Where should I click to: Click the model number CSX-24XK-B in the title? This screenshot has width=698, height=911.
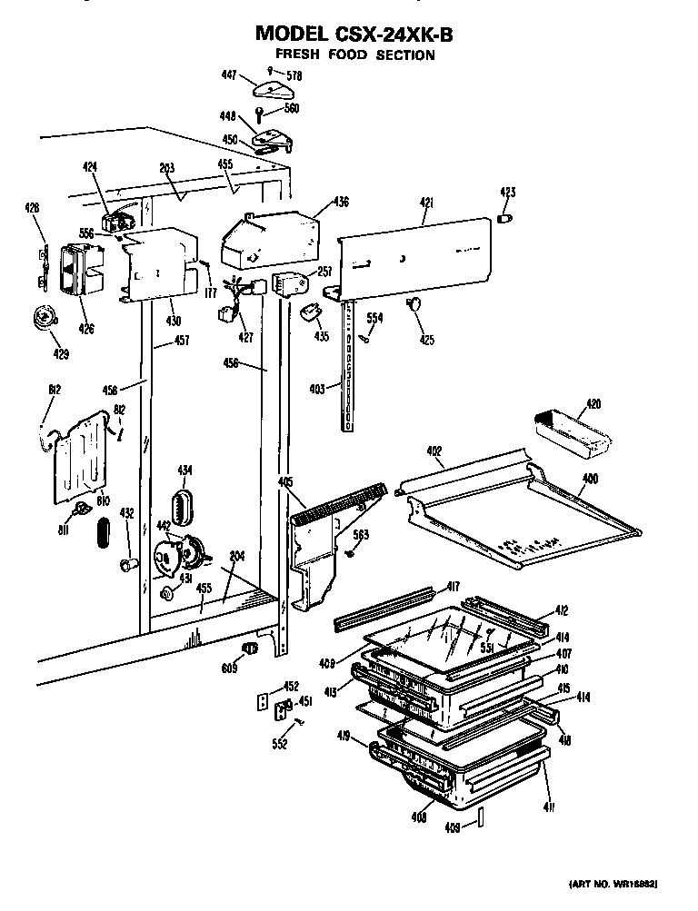tap(392, 34)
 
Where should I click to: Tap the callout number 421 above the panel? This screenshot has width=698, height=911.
tap(426, 203)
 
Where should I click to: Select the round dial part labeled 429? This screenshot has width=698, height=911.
tap(41, 317)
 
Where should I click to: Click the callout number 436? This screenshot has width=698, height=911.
tap(340, 202)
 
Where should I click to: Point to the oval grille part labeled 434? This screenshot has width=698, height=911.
tap(183, 506)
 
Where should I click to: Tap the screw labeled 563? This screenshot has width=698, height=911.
tap(349, 553)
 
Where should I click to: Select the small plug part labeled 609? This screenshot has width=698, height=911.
tap(248, 648)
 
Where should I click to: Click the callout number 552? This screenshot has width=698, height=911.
tap(279, 744)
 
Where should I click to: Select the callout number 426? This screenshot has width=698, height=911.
tap(86, 328)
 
